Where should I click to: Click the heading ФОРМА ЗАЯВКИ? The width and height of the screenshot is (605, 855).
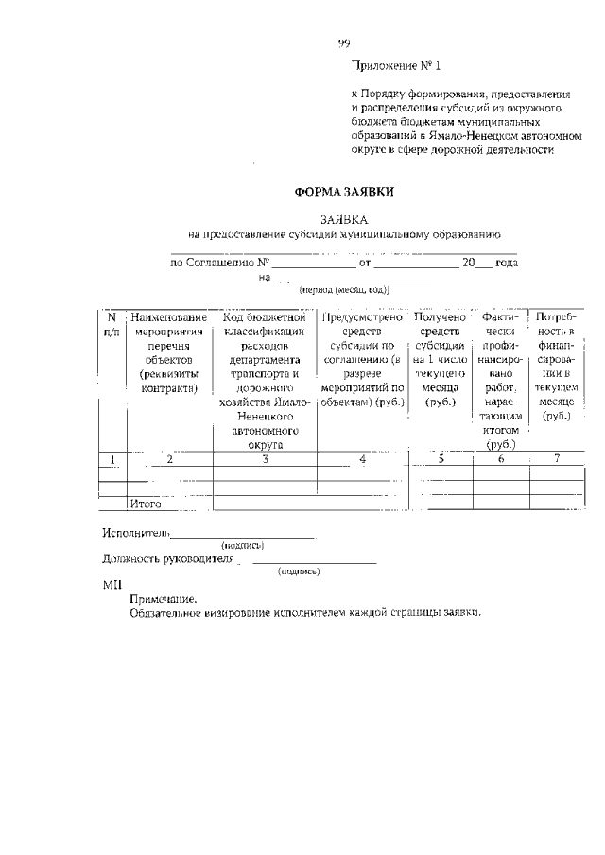click(x=344, y=191)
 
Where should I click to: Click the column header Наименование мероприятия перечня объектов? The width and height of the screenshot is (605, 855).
click(x=170, y=352)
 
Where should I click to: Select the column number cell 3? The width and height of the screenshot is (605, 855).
click(x=266, y=460)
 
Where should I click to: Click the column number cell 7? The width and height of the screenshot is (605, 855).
click(x=557, y=459)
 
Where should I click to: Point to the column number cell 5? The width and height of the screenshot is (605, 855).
click(x=441, y=460)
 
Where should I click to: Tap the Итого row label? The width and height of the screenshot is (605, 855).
click(x=146, y=504)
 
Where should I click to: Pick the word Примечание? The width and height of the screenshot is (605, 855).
click(x=164, y=599)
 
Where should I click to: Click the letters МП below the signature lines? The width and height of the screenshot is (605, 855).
click(x=108, y=586)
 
